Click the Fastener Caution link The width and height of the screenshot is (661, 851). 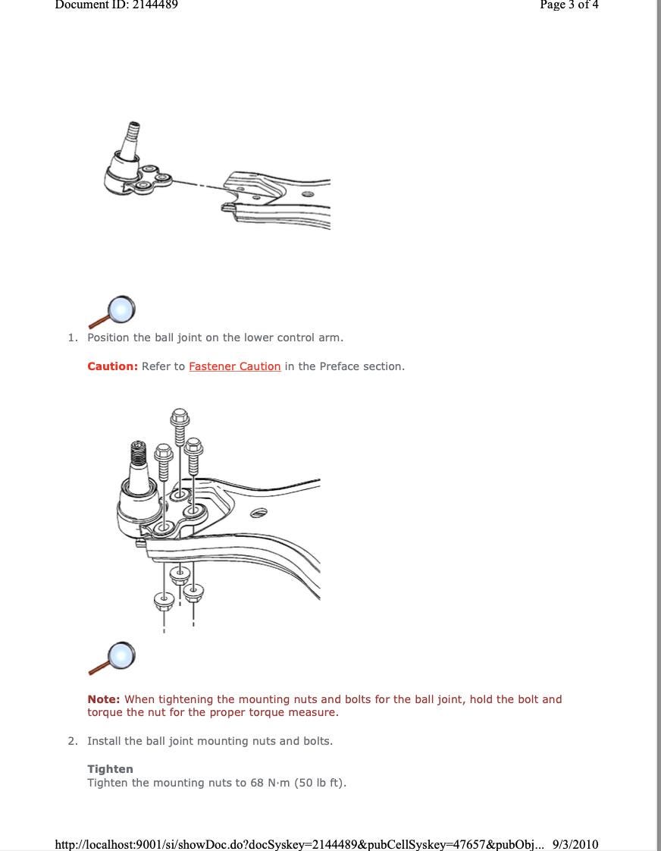(234, 366)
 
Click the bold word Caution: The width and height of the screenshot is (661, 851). (112, 366)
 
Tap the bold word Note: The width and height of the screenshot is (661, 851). (103, 699)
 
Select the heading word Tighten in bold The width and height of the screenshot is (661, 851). (110, 769)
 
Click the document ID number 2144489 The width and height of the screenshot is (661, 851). (155, 5)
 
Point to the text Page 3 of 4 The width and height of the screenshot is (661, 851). (569, 5)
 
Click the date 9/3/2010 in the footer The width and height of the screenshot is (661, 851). (575, 844)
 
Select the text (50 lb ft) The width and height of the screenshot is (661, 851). (321, 783)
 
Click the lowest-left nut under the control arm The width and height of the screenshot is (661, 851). (164, 601)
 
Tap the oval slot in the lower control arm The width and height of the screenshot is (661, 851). (258, 513)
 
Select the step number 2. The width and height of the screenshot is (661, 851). (72, 741)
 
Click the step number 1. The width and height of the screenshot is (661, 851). (72, 338)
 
